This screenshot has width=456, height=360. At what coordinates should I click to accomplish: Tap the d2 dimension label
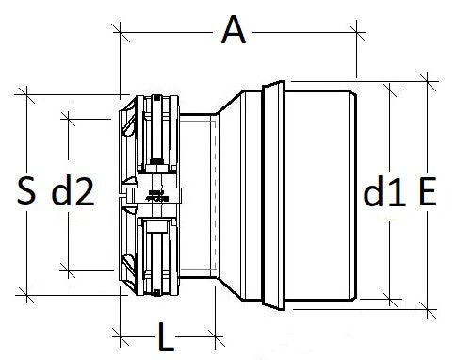[x=73, y=193]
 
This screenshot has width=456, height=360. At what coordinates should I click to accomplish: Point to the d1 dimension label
[x=384, y=193]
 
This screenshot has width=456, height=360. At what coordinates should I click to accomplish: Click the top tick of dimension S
[x=28, y=93]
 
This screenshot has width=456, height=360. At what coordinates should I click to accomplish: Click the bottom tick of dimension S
[x=28, y=295]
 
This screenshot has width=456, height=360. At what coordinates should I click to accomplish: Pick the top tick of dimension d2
[x=68, y=117]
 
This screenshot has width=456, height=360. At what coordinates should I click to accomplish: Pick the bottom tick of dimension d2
[x=68, y=270]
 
